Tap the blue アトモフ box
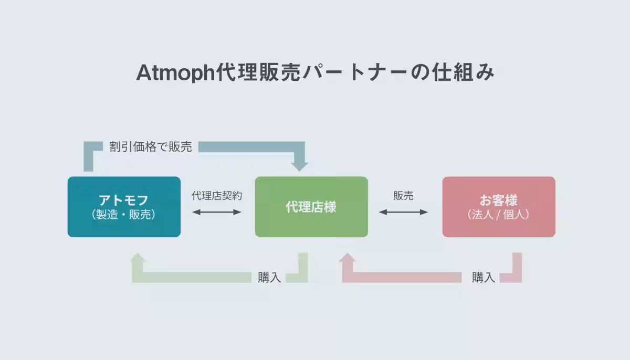124,207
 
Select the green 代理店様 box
311,207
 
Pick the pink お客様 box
499,207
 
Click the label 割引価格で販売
151,147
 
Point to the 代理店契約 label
217,196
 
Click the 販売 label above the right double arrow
403,196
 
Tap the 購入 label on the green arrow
269,278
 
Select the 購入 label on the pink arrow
483,278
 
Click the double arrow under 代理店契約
217,212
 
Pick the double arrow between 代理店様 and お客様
403,212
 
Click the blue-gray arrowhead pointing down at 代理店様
300,164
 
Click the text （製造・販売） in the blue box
124,215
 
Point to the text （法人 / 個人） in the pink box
499,215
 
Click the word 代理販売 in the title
259,73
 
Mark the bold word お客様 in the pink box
499,200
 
